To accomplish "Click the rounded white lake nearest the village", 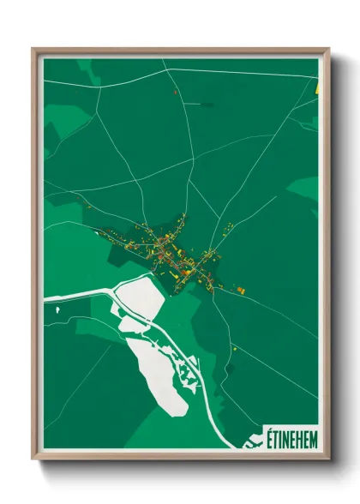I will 136,296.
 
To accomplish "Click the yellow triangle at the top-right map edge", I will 317,87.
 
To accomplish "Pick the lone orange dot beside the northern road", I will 174,92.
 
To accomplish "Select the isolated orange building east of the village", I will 242,291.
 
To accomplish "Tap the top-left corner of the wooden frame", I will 34,50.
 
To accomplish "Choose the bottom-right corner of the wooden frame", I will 328,459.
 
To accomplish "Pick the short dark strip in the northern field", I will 206,104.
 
